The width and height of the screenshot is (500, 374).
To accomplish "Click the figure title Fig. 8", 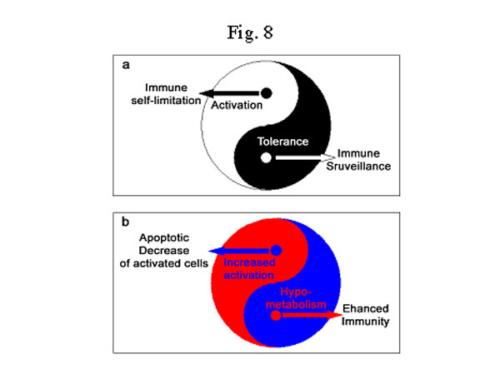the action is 250,32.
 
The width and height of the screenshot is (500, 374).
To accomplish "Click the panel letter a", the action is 126,65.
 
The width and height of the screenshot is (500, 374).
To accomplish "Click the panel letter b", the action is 125,222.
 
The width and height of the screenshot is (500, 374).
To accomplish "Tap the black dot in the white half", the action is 267,93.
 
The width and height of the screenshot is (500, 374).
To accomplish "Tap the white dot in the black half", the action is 266,157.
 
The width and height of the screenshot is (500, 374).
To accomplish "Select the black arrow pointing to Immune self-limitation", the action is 230,93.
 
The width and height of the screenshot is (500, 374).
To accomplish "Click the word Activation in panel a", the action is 237,105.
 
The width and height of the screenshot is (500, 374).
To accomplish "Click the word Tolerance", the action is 283,142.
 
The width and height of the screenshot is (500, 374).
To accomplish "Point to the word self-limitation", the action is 166,101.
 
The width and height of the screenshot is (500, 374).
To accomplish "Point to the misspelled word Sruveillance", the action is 358,166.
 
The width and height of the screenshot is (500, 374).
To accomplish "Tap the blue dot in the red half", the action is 276,251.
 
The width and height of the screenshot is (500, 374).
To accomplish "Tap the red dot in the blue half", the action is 276,316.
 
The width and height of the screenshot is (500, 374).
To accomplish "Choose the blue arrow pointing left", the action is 240,251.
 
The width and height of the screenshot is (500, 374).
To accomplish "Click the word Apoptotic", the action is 164,238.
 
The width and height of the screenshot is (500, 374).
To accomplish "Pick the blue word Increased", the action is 249,262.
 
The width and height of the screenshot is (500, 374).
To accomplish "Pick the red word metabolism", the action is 296,305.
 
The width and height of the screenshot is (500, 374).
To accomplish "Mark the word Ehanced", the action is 366,309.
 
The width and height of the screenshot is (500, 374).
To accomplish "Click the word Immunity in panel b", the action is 366,322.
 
